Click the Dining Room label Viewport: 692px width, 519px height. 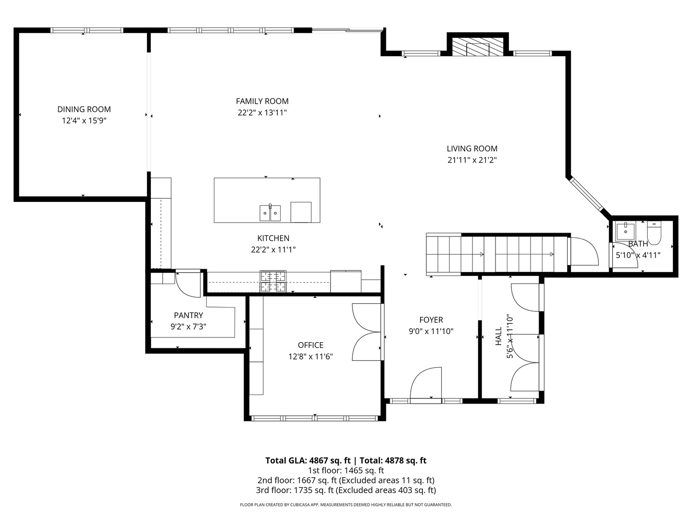point(84,110)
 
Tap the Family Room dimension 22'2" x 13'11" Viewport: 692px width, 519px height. point(262,112)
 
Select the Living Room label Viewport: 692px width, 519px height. point(472,148)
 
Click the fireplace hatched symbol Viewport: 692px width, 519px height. point(478,47)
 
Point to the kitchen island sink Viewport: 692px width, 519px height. point(270,213)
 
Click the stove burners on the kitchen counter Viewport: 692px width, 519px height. point(273,282)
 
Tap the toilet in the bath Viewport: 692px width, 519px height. point(654,233)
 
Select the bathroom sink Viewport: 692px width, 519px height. point(625,232)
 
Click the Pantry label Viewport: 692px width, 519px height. point(188,315)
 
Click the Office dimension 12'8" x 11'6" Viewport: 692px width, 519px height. point(310,357)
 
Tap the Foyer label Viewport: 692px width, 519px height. point(431,320)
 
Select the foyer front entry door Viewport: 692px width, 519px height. point(426,384)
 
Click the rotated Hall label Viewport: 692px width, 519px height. point(498,336)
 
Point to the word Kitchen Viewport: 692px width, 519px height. point(273,238)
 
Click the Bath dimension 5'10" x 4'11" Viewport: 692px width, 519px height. point(638,255)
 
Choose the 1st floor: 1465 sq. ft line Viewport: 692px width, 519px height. point(346,470)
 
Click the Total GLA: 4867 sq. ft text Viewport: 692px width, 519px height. point(308,460)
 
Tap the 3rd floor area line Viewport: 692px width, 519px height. point(346,490)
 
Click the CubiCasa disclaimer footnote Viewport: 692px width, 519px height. point(346,505)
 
